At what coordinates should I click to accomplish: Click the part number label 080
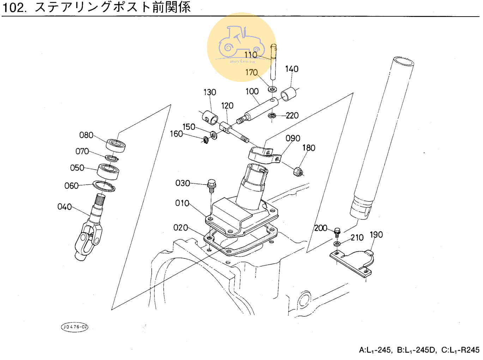pyautogui.click(x=86, y=135)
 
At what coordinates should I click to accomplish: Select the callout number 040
pyautogui.click(x=65, y=207)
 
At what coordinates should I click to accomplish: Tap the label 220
pyautogui.click(x=292, y=116)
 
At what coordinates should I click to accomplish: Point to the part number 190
pyautogui.click(x=376, y=235)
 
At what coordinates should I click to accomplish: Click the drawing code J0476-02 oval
pyautogui.click(x=74, y=327)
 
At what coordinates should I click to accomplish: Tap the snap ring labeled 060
pyautogui.click(x=104, y=186)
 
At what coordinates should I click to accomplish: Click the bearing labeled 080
pyautogui.click(x=116, y=145)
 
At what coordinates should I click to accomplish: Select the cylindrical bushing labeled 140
pyautogui.click(x=289, y=94)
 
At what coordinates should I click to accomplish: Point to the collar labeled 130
pyautogui.click(x=210, y=117)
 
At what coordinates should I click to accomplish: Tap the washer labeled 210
pyautogui.click(x=337, y=244)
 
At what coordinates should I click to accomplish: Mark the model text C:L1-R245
pyautogui.click(x=460, y=350)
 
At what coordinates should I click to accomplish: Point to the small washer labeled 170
pyautogui.click(x=272, y=89)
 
